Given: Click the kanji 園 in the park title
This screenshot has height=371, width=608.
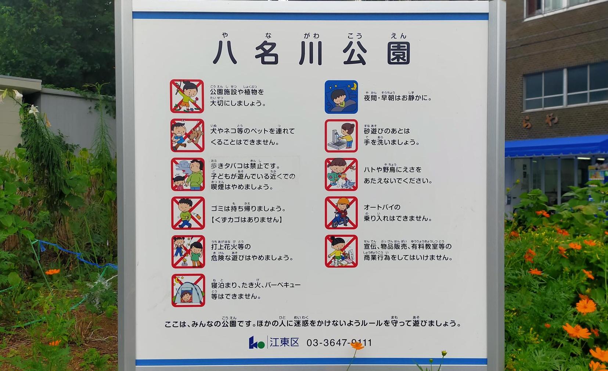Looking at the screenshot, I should click(398, 53).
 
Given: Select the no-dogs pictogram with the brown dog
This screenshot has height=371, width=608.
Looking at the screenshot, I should click(187, 135).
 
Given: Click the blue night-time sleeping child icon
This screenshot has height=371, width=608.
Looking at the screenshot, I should click(341, 97).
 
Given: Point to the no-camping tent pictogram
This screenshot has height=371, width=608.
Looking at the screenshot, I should click(188, 290).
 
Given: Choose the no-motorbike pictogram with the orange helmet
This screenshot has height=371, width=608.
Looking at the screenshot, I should click(341, 213).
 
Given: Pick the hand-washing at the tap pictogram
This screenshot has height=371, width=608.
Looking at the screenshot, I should click(341, 136).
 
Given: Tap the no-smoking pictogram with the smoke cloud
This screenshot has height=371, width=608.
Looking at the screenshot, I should click(188, 174).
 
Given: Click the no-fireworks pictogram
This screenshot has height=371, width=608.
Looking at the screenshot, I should click(188, 251).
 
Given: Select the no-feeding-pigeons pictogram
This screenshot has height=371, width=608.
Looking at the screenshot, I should click(341, 174).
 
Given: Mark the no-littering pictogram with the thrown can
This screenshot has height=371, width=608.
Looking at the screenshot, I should click(188, 213).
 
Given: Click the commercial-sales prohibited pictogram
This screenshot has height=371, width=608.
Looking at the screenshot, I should click(341, 251).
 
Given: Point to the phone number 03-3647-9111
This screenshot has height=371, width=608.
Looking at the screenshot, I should click(339, 343).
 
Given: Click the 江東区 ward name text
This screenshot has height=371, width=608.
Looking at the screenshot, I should click(284, 342).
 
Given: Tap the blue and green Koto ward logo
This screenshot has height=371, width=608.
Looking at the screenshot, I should click(256, 343).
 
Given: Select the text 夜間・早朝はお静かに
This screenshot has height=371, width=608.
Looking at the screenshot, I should click(397, 98).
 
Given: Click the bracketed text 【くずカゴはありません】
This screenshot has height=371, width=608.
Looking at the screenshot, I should click(247, 220).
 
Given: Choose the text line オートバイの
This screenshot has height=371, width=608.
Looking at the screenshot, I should click(382, 207).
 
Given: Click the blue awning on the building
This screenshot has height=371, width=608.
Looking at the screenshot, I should click(556, 146).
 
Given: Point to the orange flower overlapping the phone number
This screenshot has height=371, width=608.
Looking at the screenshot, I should click(356, 345).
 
